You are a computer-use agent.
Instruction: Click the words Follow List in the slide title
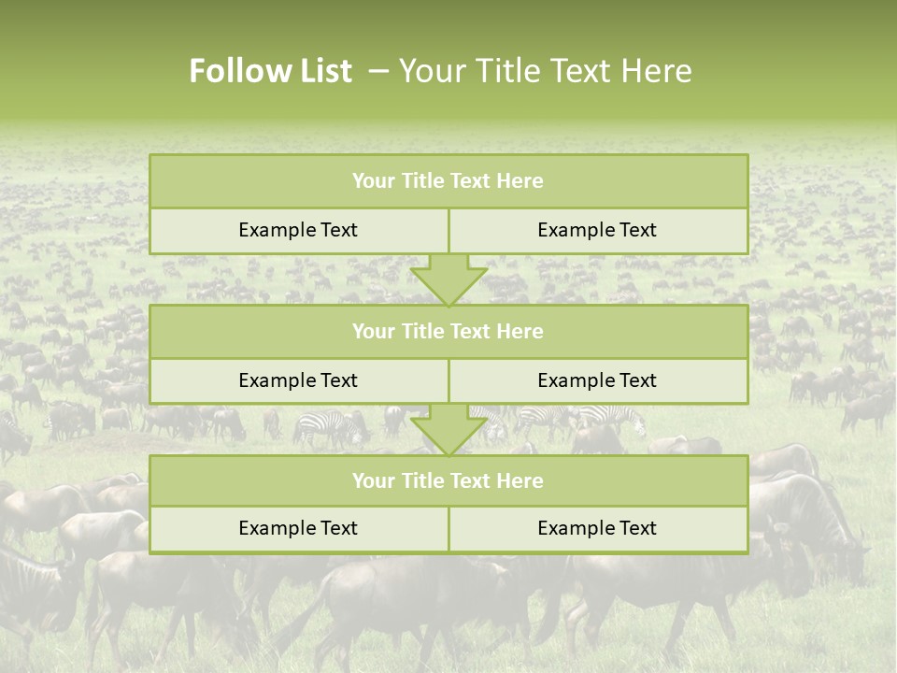270,71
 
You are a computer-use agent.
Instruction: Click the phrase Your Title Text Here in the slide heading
546,71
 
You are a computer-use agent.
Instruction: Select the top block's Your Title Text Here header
448,181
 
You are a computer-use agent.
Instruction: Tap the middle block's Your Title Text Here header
448,331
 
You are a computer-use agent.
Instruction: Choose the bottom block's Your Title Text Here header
448,480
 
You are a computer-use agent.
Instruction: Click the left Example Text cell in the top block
298,230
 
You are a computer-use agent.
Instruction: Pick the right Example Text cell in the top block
597,230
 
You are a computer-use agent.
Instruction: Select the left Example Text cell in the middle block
298,380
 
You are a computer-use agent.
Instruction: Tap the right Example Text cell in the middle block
597,380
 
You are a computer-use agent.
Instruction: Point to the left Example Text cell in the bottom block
298,528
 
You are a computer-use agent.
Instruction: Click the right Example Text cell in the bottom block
597,528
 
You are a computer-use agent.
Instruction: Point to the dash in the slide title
378,71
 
